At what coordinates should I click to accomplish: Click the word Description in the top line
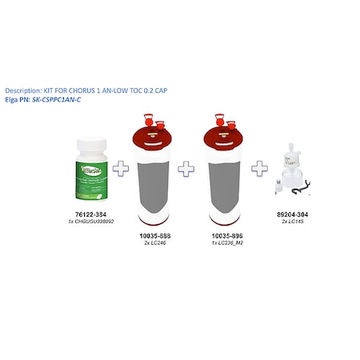click(23, 90)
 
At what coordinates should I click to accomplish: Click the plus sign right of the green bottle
click(121, 169)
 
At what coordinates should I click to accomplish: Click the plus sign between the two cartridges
click(186, 169)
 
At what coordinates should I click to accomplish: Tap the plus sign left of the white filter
click(260, 169)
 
